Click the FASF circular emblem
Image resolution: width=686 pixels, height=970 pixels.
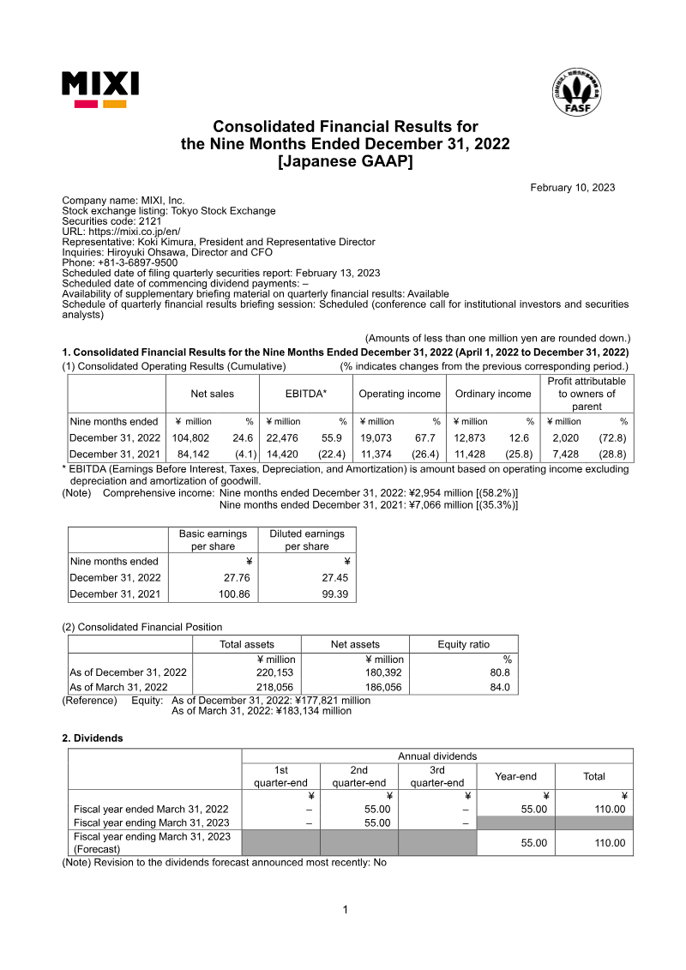[x=583, y=95]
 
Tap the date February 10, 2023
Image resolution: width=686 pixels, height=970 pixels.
[x=572, y=188]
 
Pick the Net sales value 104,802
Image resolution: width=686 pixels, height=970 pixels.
[x=190, y=437]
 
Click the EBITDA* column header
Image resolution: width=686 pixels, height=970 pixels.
[x=306, y=394]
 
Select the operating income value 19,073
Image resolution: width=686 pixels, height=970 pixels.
[x=376, y=437]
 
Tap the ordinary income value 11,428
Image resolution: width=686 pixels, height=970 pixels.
[x=470, y=454]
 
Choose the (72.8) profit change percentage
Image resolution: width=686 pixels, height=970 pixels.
[x=612, y=437]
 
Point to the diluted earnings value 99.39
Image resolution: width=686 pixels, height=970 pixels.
[x=330, y=593]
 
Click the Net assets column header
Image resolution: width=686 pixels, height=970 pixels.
[x=355, y=644]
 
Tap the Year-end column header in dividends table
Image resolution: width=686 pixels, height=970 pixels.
[x=515, y=776]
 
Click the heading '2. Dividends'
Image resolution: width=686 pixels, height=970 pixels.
[x=92, y=738]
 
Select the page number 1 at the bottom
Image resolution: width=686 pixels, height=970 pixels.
[x=345, y=909]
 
